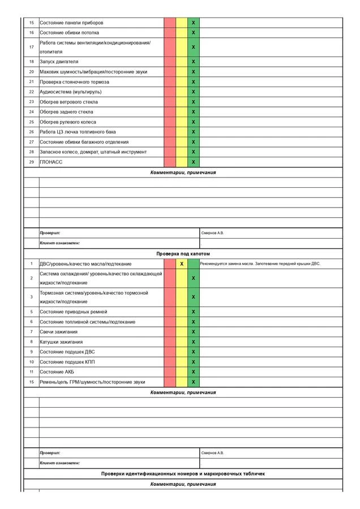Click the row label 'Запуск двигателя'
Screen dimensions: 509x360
(59, 62)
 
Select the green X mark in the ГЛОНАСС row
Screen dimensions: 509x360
(194, 162)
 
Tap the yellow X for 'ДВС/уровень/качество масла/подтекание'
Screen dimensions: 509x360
(182, 264)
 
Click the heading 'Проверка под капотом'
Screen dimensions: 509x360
(183, 254)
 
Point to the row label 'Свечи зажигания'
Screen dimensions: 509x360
(59, 332)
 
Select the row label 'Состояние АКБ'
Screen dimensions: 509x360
(57, 372)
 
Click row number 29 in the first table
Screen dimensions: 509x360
(32, 162)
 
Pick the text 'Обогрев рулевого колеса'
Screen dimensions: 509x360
(68, 122)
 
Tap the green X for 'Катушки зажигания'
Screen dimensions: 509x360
(194, 342)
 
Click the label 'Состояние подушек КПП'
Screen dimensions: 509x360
(67, 362)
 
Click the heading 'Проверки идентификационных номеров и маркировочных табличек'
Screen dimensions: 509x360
(183, 474)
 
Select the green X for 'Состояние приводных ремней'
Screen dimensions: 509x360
(194, 312)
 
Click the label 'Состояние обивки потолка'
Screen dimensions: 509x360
(69, 33)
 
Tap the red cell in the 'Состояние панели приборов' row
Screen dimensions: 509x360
(170, 23)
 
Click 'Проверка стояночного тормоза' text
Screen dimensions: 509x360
(75, 82)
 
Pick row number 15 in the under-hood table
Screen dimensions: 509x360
(32, 382)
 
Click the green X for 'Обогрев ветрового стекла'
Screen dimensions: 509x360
(194, 102)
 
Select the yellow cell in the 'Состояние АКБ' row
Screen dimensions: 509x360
(182, 372)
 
